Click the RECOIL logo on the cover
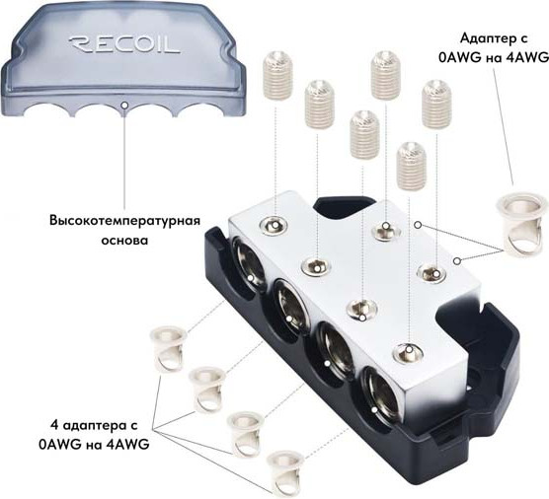[124, 43]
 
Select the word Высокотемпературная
[124, 222]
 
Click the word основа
[124, 241]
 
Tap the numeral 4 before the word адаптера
[54, 426]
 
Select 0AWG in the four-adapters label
[60, 445]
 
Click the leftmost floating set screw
[276, 75]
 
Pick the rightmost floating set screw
[436, 104]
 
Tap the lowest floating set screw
[412, 166]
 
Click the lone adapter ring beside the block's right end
[521, 223]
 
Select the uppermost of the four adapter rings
[168, 347]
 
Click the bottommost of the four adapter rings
[283, 471]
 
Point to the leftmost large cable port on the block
[248, 265]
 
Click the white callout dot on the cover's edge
[124, 105]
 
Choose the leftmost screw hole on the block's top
[275, 225]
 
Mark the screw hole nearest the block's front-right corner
[407, 351]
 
